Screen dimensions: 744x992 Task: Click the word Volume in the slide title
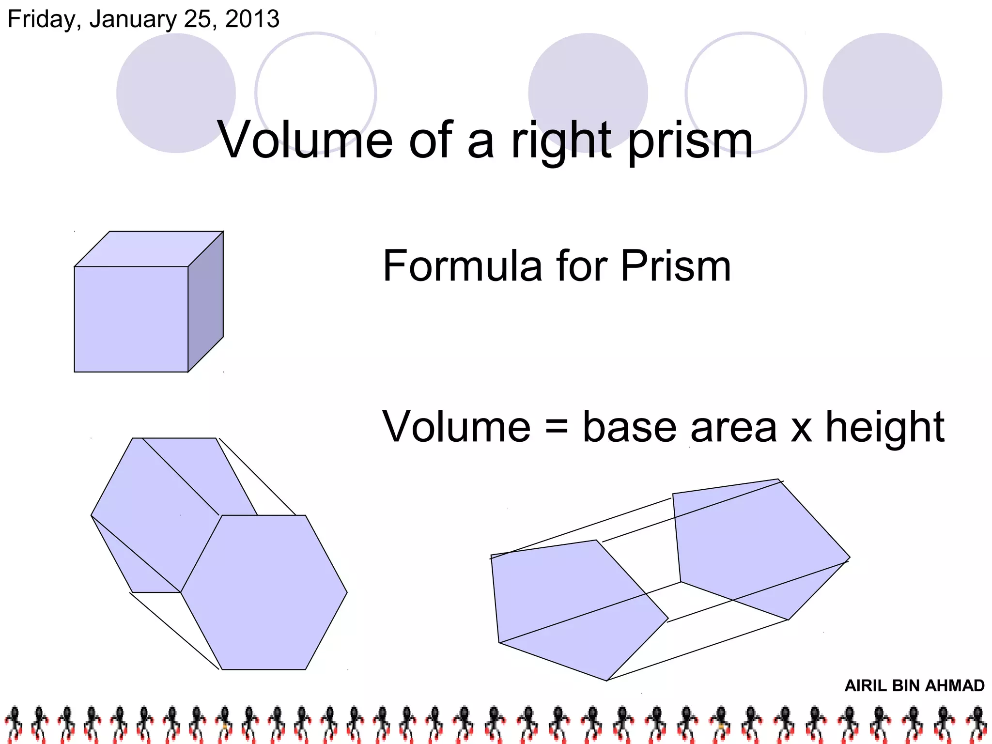(305, 140)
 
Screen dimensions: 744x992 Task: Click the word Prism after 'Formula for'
(676, 266)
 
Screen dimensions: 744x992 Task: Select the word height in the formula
(884, 427)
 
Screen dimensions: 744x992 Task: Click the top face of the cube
(148, 249)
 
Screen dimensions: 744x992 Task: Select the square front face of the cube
(131, 319)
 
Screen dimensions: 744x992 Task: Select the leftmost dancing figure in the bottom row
(14, 724)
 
